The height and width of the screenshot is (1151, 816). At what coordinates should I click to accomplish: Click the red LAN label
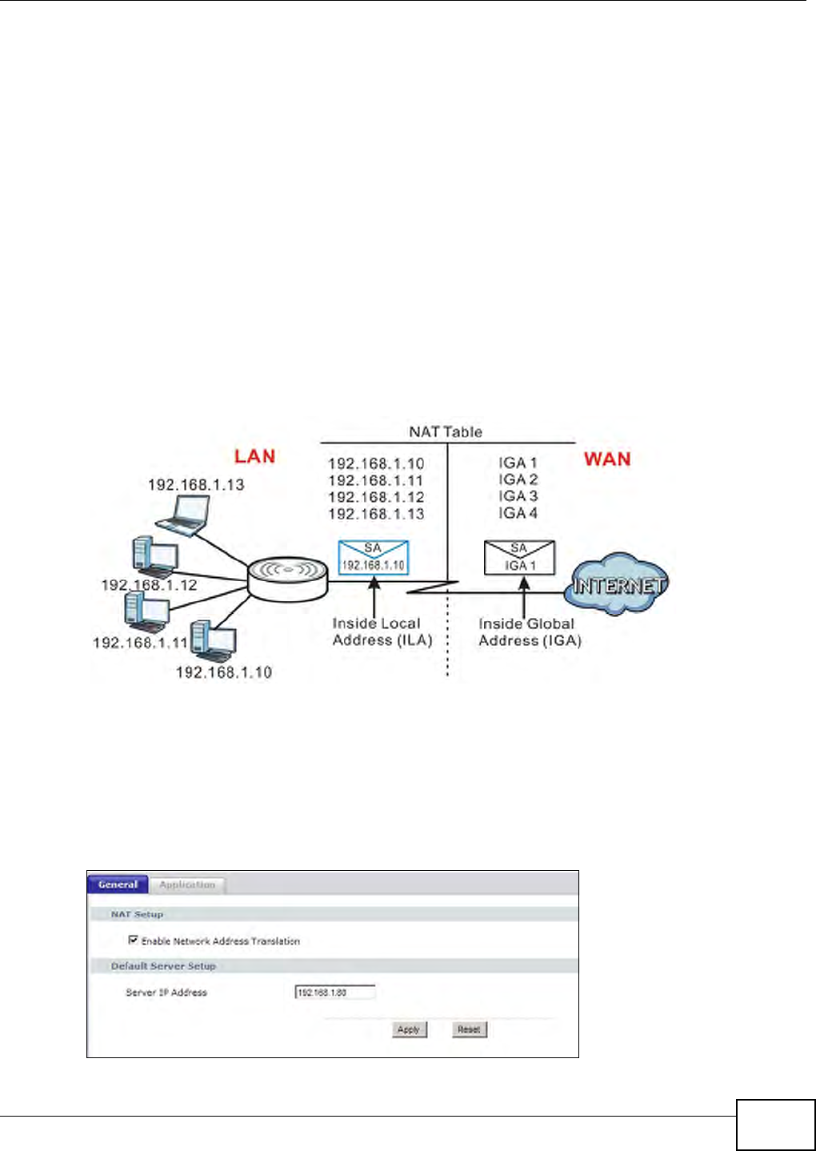[254, 456]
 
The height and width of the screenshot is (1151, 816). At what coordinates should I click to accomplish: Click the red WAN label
[607, 459]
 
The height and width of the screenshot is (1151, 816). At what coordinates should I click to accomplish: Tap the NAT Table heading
[446, 432]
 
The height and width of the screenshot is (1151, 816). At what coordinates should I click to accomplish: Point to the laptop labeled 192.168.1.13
[185, 515]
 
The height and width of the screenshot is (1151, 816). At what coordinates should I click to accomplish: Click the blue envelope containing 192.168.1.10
[374, 557]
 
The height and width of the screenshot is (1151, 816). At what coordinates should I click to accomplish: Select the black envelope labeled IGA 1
[519, 557]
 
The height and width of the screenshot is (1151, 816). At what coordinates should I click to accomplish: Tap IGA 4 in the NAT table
[518, 513]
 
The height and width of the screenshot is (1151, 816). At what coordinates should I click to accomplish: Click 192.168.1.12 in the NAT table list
[376, 497]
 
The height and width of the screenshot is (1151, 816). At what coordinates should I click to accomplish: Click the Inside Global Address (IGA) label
[529, 632]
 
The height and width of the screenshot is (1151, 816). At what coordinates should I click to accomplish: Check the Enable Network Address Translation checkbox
[134, 940]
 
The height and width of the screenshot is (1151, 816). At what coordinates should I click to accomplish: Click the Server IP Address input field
[335, 993]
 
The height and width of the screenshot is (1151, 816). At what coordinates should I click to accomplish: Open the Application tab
[187, 884]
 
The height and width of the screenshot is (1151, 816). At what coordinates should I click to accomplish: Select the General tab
[118, 884]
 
